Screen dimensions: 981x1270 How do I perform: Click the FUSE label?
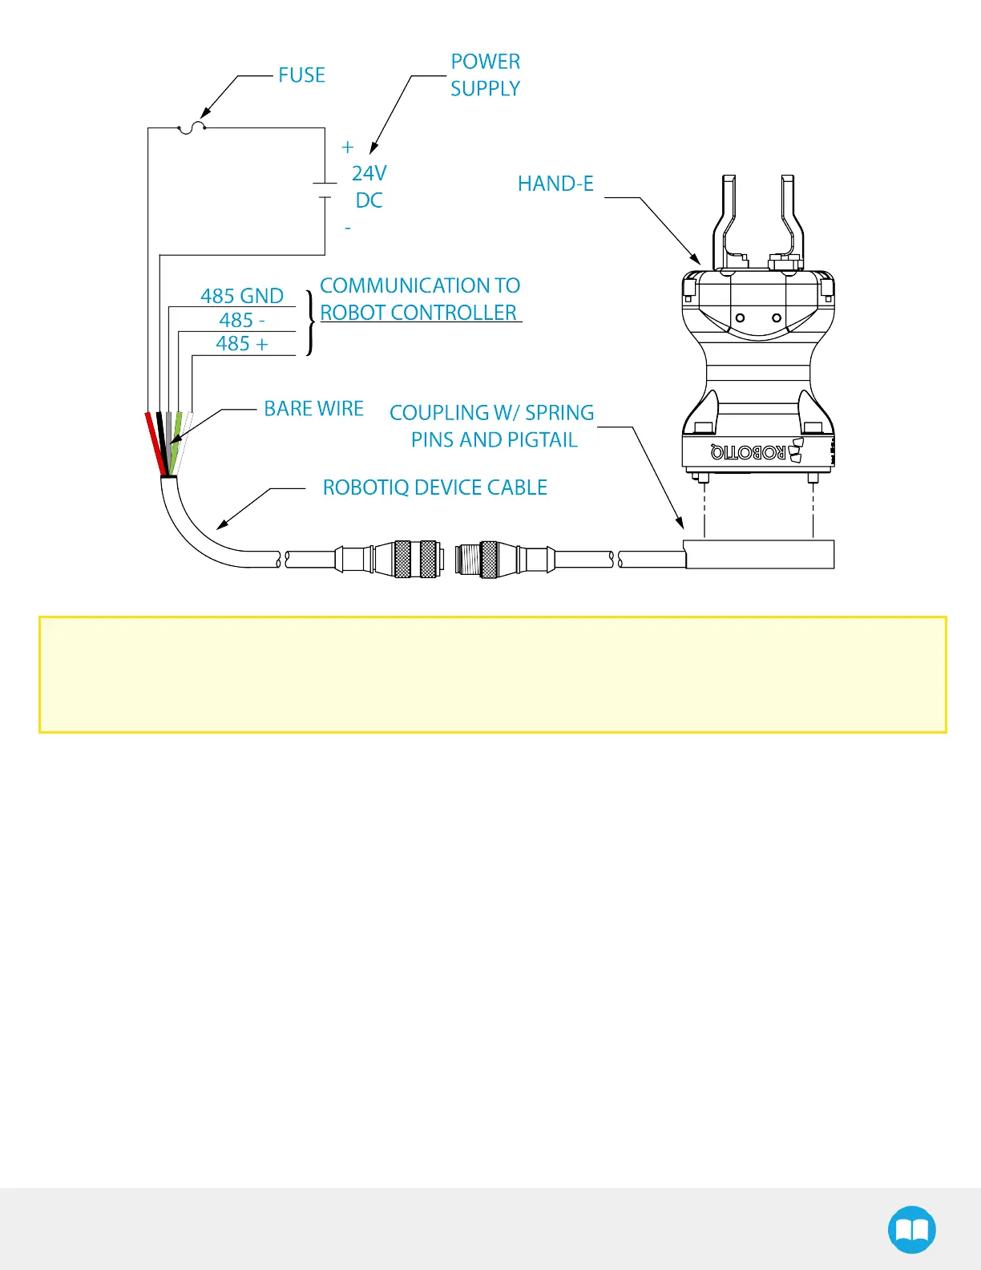[301, 75]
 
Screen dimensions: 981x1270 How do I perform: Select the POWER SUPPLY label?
[485, 75]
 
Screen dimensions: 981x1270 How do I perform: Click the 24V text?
[369, 174]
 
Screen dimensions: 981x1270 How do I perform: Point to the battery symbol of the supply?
[325, 190]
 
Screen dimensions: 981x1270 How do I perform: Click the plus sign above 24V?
[347, 148]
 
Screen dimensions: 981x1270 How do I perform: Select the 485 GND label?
[241, 296]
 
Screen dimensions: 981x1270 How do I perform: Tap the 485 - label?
[241, 320]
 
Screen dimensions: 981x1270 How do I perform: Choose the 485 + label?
[241, 344]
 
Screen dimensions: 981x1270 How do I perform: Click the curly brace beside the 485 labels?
[311, 322]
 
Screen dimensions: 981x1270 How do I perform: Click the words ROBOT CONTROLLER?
[418, 313]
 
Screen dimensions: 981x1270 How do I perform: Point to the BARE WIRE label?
[313, 409]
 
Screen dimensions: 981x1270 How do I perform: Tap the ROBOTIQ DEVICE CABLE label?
[434, 487]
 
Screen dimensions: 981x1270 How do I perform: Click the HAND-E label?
[555, 184]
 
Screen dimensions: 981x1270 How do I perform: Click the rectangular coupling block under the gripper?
[759, 554]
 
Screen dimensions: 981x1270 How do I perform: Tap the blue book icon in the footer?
[911, 1229]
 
